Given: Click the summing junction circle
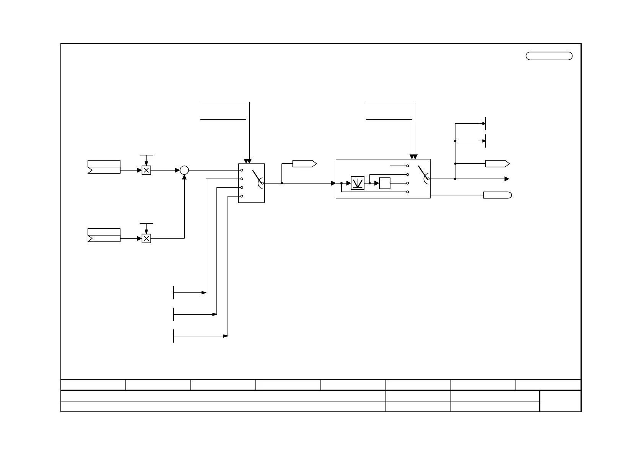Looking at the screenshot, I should (184, 170).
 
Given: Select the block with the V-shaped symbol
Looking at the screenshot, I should (358, 183).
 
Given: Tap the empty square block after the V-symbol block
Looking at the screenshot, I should (385, 183).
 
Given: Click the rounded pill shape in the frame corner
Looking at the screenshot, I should (549, 56).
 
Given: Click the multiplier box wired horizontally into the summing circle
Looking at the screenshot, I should (146, 170).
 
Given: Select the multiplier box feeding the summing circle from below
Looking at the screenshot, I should (146, 239).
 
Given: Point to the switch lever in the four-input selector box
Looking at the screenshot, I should (257, 176).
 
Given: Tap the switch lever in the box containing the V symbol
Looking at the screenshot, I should (423, 172).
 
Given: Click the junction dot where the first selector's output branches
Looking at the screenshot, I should (282, 183).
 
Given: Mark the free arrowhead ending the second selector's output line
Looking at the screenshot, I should (507, 179).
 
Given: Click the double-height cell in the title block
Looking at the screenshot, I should (560, 401).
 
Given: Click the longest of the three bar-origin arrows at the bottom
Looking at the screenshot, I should (200, 336).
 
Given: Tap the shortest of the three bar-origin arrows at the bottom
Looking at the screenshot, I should (190, 292).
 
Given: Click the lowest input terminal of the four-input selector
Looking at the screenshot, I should (242, 196).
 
